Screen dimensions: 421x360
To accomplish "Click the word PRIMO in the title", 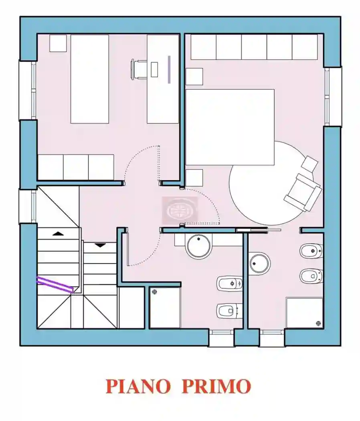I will (216, 386).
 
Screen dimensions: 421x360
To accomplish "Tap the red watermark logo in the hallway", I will (180, 210).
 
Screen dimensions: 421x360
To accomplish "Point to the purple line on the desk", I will (169, 69).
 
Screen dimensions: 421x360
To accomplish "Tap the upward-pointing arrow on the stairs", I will (59, 233).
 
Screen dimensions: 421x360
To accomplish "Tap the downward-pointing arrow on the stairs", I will (100, 245).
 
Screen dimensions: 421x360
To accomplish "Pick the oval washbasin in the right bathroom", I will (259, 263).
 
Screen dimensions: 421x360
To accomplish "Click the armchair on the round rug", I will (303, 192).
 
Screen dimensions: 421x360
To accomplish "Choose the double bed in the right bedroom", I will (230, 127).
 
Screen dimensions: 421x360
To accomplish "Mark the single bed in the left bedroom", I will (90, 79).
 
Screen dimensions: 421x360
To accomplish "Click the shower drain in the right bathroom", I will (318, 323).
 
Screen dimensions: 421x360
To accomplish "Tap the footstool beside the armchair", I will (310, 163).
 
